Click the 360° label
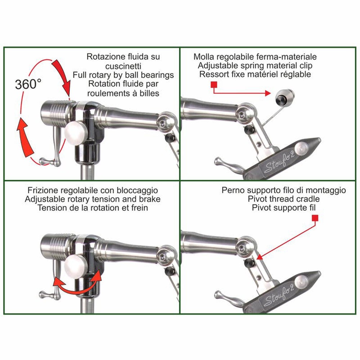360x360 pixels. pyautogui.click(x=28, y=84)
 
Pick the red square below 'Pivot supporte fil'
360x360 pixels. pyautogui.click(x=316, y=218)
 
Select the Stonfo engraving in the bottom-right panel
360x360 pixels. pyautogui.click(x=279, y=297)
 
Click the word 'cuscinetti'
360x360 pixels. pyautogui.click(x=123, y=66)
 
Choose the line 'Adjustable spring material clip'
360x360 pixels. pyautogui.click(x=255, y=66)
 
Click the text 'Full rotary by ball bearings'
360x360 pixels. pyautogui.click(x=123, y=75)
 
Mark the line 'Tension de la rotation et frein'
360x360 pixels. pyautogui.click(x=87, y=208)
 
